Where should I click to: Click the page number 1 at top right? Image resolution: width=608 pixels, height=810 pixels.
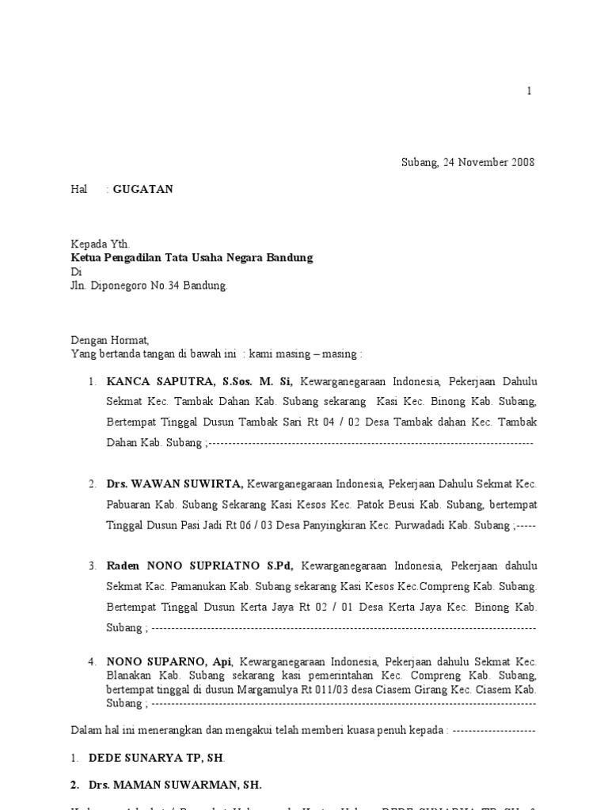530,92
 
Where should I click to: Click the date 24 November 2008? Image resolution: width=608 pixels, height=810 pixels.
487,163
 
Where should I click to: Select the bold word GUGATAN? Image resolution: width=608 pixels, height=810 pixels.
142,190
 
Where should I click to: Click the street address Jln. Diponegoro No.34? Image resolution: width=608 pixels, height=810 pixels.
127,286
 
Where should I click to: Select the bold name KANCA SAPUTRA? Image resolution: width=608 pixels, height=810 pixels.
157,381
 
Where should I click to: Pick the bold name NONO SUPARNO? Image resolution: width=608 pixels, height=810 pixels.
158,661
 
